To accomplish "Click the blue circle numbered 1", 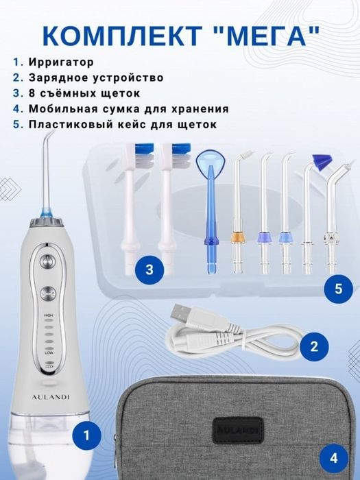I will (86, 433).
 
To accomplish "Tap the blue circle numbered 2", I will (314, 346).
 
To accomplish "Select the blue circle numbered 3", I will (149, 269).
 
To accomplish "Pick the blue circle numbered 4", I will (334, 457).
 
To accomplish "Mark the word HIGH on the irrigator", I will (48, 317).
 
